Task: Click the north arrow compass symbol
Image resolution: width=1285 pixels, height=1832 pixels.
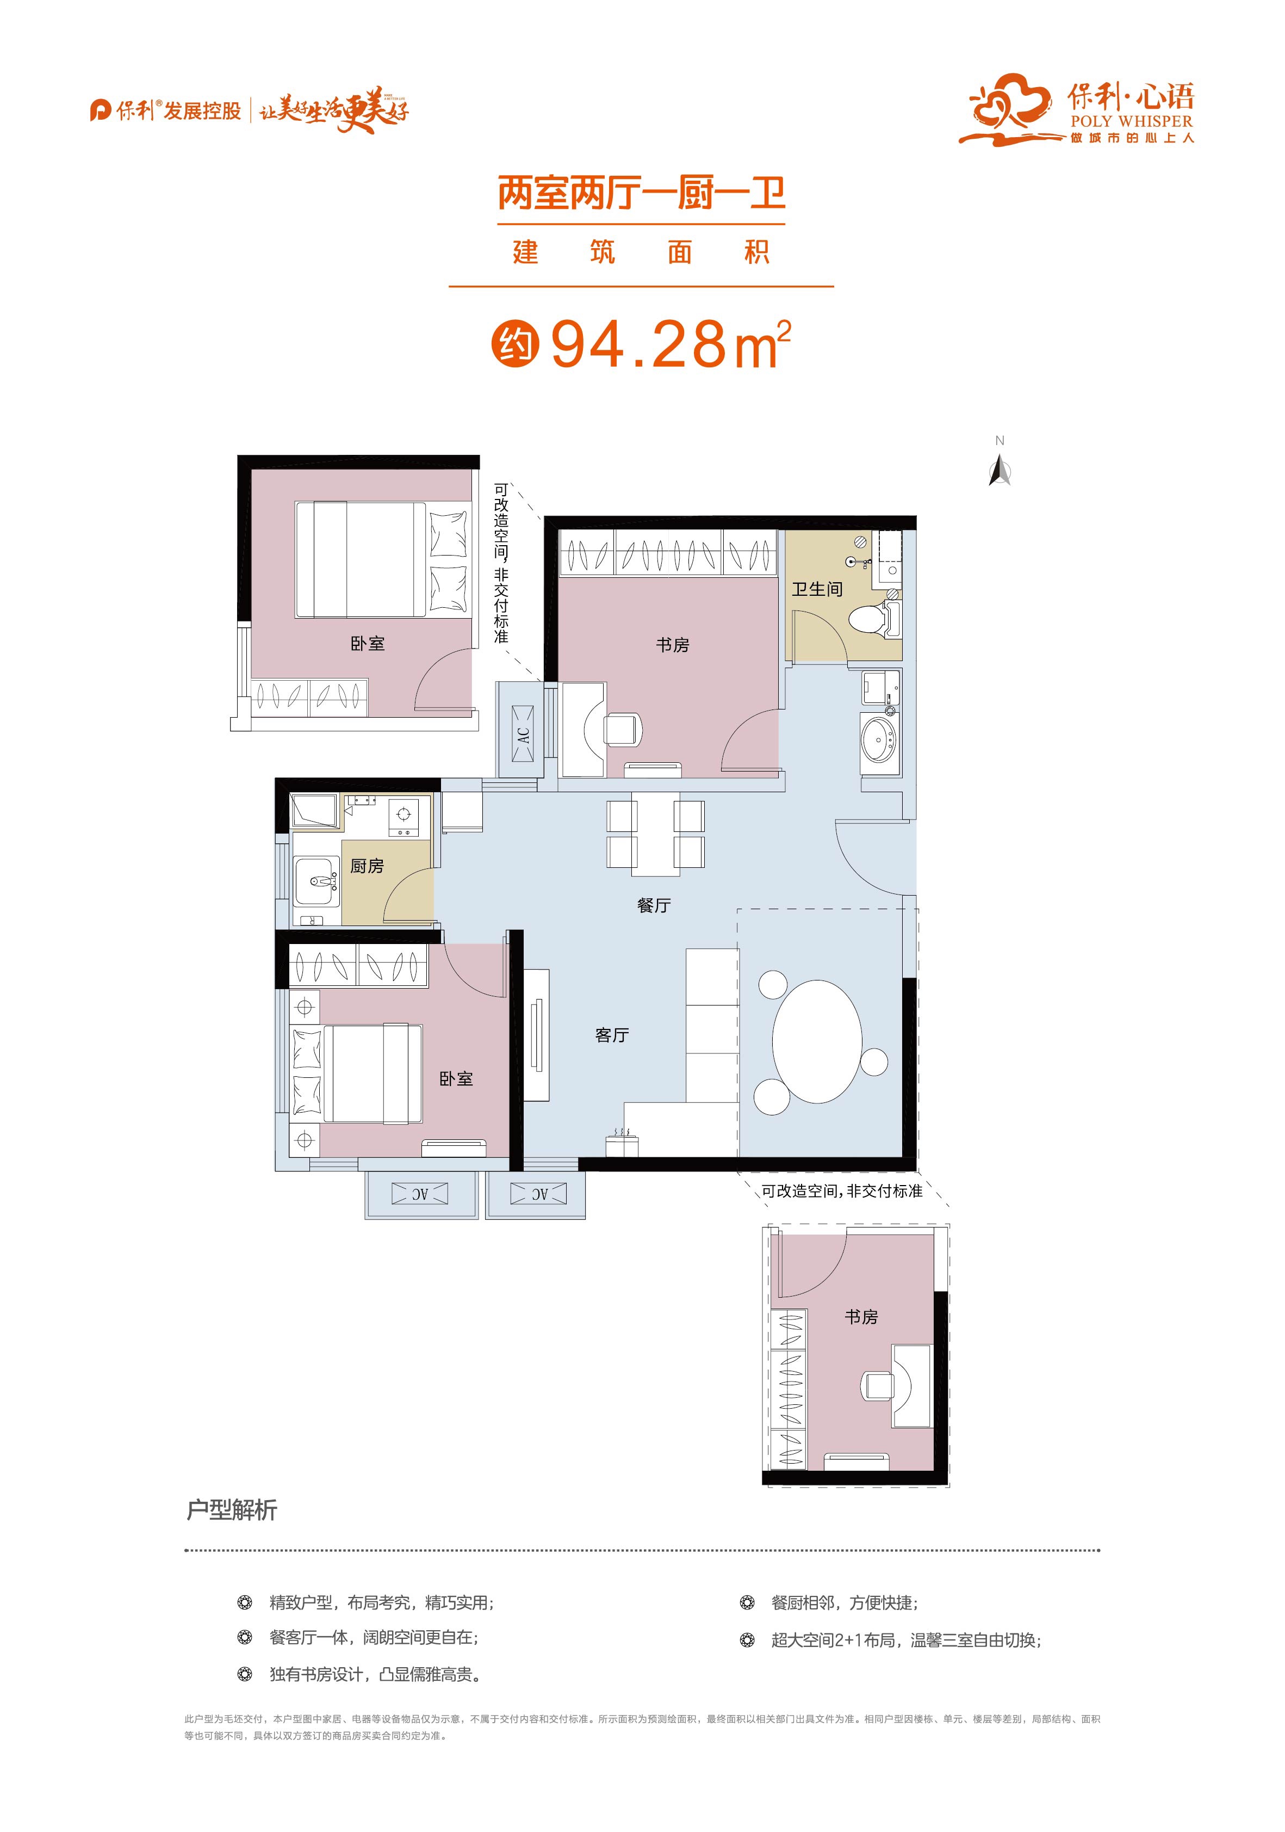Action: point(1000,470)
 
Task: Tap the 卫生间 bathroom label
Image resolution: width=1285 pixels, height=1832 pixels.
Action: point(817,589)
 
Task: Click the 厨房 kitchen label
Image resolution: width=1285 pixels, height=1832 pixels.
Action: point(367,866)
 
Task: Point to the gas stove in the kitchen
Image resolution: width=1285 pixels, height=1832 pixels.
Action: point(403,815)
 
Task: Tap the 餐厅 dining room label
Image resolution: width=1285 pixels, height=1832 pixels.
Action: point(654,905)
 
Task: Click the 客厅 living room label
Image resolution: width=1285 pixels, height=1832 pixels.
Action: point(612,1035)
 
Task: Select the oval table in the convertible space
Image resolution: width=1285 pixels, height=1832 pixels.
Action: point(817,1042)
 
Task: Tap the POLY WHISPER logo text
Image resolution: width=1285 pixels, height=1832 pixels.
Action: point(1131,121)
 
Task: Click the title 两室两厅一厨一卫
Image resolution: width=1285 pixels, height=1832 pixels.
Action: point(641,194)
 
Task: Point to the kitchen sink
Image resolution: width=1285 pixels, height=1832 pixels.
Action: point(316,881)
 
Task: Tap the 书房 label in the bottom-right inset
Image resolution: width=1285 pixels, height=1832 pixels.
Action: point(861,1317)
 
